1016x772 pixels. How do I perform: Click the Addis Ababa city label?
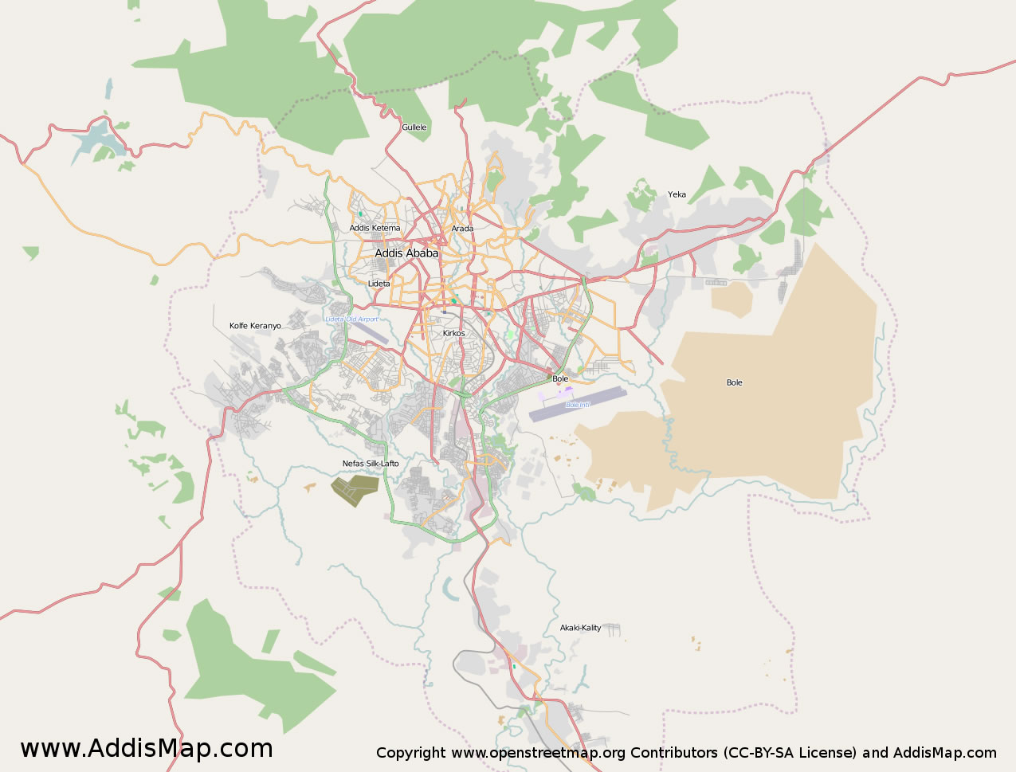pos(406,253)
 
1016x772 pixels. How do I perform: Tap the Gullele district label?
pos(414,127)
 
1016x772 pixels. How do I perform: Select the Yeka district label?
pos(677,194)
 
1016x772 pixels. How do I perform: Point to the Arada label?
pos(462,229)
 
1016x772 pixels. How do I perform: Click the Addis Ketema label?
pos(375,229)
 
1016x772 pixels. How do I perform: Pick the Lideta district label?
pos(379,284)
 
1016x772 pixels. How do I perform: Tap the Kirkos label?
pos(454,334)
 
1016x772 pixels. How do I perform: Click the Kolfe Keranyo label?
pos(255,326)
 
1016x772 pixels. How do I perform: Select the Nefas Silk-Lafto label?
pos(371,464)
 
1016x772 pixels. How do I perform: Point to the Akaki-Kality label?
pos(580,628)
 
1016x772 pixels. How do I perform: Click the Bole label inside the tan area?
pos(734,383)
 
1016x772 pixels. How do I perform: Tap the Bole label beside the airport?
pos(560,378)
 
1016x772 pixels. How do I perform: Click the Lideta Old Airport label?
pos(351,319)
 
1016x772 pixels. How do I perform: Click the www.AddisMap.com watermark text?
pos(147,749)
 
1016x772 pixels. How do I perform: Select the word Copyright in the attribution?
pos(410,753)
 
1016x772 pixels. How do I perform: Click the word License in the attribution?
pos(830,753)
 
